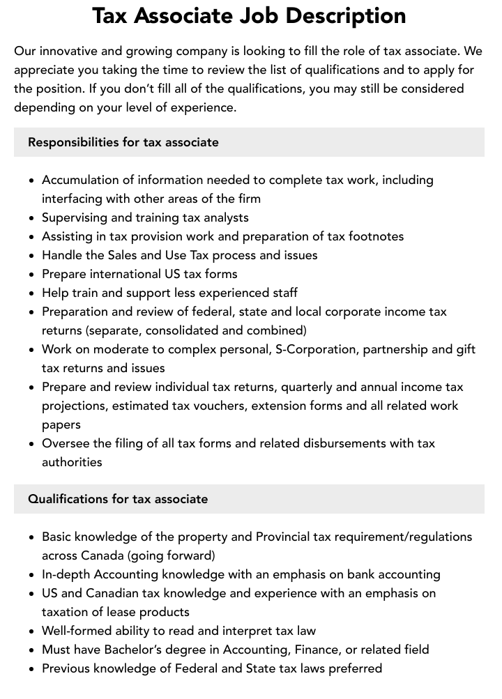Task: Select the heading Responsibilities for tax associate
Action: (123, 142)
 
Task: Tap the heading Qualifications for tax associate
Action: (118, 499)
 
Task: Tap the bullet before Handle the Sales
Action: (31, 256)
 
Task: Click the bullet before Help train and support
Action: (31, 293)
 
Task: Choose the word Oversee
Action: (66, 443)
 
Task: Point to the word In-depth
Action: (66, 574)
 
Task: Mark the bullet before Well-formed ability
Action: (31, 631)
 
